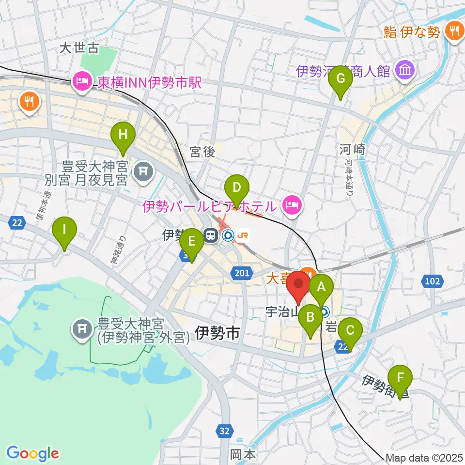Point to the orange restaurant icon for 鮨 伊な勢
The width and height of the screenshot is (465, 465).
click(454, 31)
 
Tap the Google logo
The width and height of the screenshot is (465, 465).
click(32, 454)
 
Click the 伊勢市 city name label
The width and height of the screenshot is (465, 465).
click(217, 333)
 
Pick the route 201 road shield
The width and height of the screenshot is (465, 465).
click(242, 274)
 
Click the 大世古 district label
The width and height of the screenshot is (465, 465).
click(79, 47)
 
